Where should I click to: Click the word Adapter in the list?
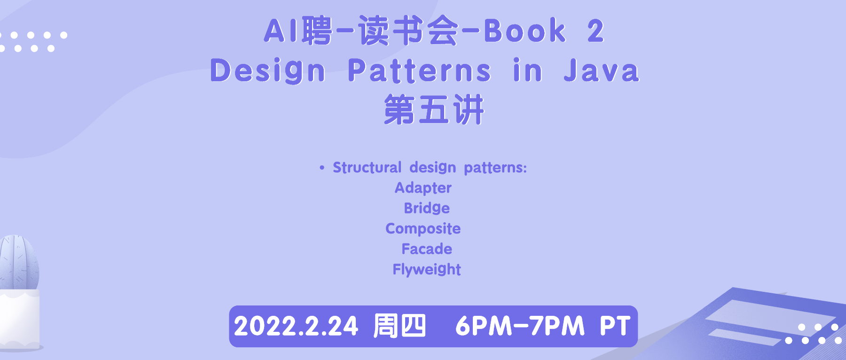coord(423,188)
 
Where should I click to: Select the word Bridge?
coord(427,208)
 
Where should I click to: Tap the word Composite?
coord(423,228)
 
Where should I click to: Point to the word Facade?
coord(427,249)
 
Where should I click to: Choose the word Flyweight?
coord(427,269)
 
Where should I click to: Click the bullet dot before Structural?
coord(322,168)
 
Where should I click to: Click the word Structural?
coord(367,167)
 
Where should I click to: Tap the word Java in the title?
coord(601,70)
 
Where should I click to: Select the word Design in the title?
coord(267,71)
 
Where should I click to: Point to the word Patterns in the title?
coord(419,70)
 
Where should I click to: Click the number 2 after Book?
coord(595,31)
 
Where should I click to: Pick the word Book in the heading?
coord(525,31)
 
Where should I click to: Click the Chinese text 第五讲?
coord(434,110)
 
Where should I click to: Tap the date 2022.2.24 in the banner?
coord(296,326)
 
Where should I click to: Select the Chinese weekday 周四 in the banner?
coord(399,326)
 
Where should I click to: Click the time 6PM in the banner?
coord(484,326)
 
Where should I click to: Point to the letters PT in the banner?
coord(615,326)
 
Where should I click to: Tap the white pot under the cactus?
coord(20,320)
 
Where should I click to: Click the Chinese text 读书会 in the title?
coord(408,31)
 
